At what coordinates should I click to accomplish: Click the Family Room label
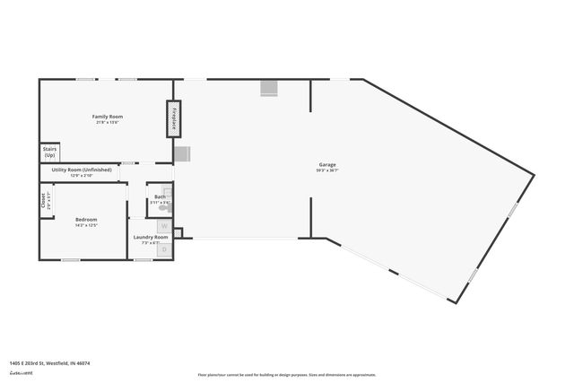(107, 117)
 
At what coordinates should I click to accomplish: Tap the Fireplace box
(174, 118)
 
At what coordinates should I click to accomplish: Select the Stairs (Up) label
(49, 152)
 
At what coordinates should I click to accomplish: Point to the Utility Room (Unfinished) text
(82, 170)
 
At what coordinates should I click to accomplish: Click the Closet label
(43, 200)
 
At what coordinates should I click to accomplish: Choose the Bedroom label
(86, 219)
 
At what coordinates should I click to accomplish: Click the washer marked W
(164, 225)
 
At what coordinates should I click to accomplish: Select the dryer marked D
(164, 248)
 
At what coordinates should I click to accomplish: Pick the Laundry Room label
(151, 237)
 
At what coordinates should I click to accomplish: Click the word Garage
(326, 165)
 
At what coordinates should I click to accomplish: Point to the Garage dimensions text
(326, 170)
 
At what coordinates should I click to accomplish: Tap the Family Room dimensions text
(107, 123)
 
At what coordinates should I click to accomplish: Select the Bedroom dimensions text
(86, 225)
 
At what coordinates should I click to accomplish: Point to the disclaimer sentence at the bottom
(286, 375)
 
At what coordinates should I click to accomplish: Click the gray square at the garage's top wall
(269, 88)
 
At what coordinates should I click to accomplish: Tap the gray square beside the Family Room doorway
(181, 154)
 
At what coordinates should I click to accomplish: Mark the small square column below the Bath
(178, 233)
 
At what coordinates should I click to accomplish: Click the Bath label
(160, 196)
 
